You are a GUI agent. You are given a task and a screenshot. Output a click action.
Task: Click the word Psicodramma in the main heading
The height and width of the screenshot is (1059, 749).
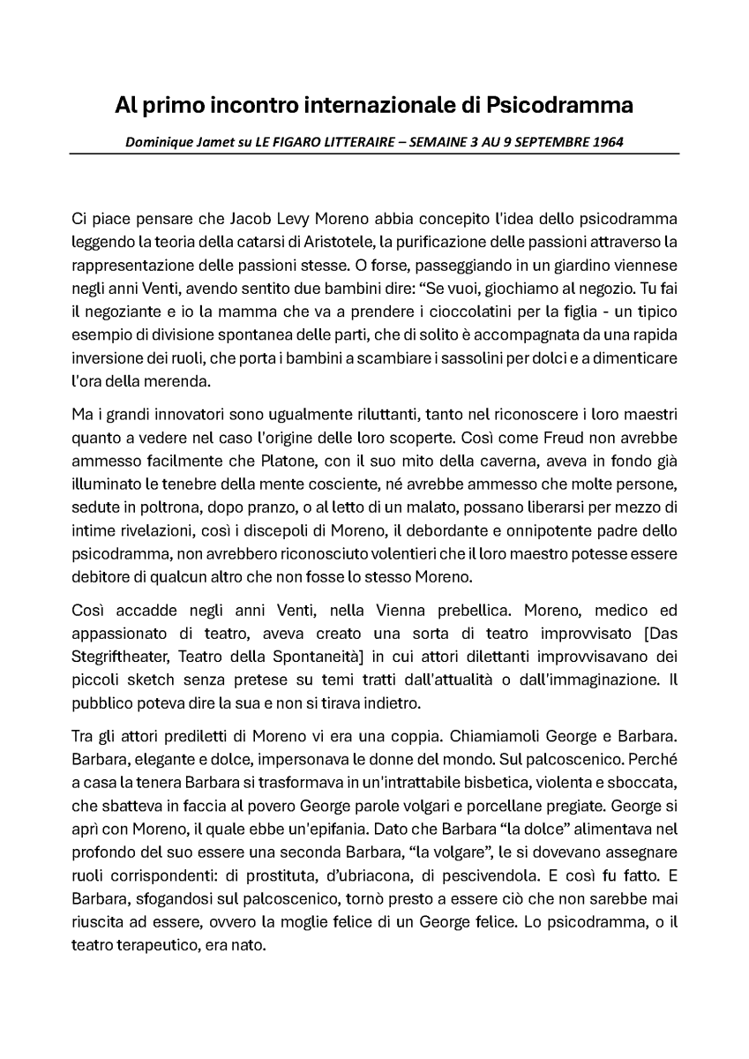tap(559, 106)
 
